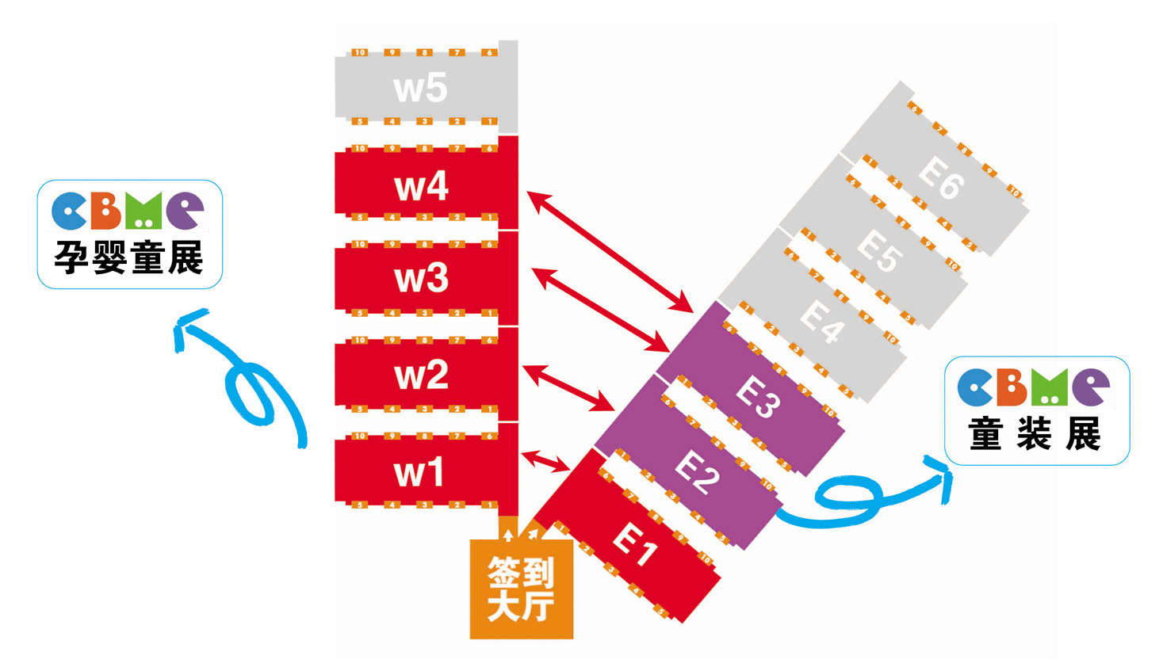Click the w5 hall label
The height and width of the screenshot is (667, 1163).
tap(420, 88)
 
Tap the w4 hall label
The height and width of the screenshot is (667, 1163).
tap(421, 187)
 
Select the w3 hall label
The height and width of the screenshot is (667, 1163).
tap(421, 279)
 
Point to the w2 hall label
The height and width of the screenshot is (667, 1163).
tap(421, 375)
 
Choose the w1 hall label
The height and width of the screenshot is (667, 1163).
tap(419, 473)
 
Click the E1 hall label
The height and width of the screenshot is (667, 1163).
tap(635, 543)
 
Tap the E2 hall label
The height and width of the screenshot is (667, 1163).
tap(697, 472)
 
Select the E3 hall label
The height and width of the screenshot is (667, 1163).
tap(758, 396)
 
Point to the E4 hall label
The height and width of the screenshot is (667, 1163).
tap(821, 321)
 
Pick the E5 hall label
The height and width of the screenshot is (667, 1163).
tap(879, 250)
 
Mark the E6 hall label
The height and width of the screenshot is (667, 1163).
tap(941, 177)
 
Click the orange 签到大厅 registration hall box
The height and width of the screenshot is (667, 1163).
tap(521, 589)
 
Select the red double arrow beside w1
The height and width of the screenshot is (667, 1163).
tap(546, 461)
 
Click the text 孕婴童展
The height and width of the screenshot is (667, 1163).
tap(129, 257)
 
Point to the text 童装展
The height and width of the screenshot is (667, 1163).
tap(1035, 434)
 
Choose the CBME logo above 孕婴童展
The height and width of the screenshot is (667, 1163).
tap(128, 211)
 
